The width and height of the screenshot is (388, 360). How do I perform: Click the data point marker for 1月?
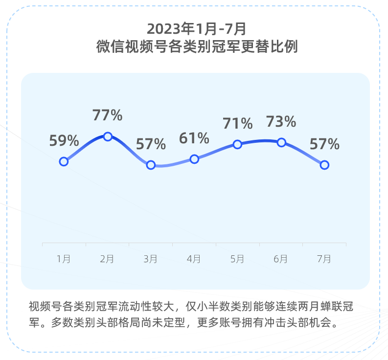pyautogui.click(x=64, y=161)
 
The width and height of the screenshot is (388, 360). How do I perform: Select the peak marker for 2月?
pyautogui.click(x=108, y=136)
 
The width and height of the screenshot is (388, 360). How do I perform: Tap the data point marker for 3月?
pyautogui.click(x=151, y=165)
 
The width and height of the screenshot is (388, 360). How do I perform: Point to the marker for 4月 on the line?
pyautogui.click(x=194, y=159)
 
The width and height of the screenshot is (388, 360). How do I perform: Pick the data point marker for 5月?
pyautogui.click(x=237, y=144)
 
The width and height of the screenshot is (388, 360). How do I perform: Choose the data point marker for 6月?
pyautogui.click(x=281, y=142)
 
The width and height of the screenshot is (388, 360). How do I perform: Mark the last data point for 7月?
pyautogui.click(x=324, y=165)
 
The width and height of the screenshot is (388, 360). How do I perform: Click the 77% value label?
pyautogui.click(x=107, y=115)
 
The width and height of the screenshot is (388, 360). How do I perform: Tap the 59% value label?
pyautogui.click(x=64, y=141)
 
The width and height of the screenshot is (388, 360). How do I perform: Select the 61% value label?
pyautogui.click(x=194, y=138)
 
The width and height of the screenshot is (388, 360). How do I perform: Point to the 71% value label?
pyautogui.click(x=238, y=123)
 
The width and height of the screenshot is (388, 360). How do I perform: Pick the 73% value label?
pyautogui.click(x=281, y=121)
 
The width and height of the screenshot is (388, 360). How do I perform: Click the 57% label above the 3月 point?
pyautogui.click(x=151, y=144)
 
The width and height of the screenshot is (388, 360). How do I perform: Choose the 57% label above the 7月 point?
pyautogui.click(x=324, y=144)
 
